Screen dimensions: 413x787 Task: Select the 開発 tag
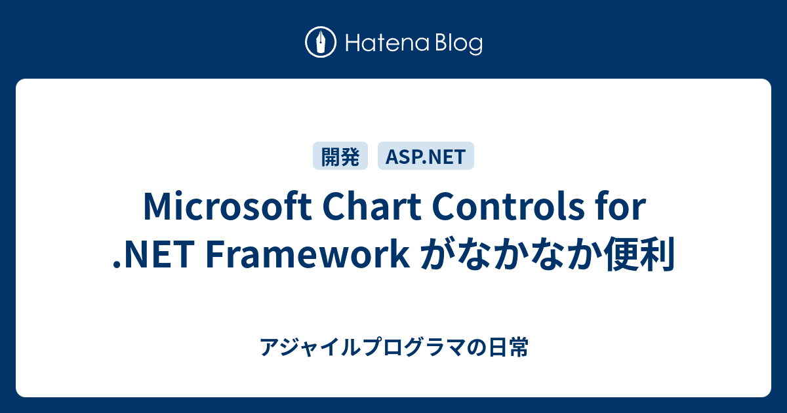pos(340,157)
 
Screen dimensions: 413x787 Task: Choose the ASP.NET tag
pos(426,157)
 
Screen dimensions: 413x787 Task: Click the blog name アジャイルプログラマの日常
pos(393,347)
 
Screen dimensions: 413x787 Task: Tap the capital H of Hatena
pos(351,43)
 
